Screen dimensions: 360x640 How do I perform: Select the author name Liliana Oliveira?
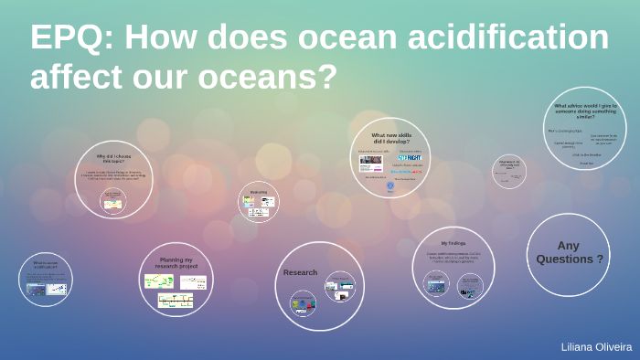(x=596, y=347)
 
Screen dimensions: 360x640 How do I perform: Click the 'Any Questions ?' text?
(x=569, y=251)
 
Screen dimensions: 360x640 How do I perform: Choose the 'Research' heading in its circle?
(x=300, y=272)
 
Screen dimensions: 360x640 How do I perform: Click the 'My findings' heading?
(x=453, y=243)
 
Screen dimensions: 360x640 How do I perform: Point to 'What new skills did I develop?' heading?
(x=391, y=138)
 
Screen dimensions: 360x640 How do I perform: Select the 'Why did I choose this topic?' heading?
(x=114, y=158)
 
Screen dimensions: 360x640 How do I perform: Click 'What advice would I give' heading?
(x=585, y=111)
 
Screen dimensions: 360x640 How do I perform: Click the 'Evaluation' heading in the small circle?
(x=259, y=192)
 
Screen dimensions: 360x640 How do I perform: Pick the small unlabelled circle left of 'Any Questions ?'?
(x=509, y=170)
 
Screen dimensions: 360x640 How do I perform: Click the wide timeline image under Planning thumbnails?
(x=176, y=300)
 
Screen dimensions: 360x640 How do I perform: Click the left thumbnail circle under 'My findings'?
(x=435, y=283)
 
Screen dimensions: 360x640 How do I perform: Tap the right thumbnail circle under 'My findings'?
(x=470, y=285)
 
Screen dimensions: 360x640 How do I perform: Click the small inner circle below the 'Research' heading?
(x=303, y=302)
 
